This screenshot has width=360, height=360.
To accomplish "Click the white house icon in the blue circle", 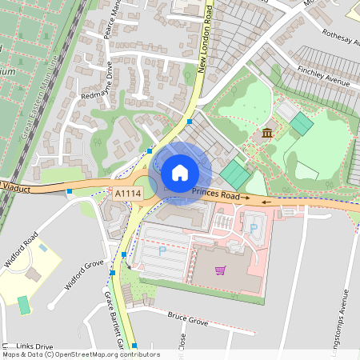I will click(x=180, y=173).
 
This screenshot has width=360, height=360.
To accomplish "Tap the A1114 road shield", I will click(x=127, y=194).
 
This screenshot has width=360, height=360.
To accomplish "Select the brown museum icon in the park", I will click(x=266, y=132).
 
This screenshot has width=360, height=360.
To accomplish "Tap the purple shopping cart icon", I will click(x=219, y=270).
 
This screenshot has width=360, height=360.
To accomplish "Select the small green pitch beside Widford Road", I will click(x=24, y=305).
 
